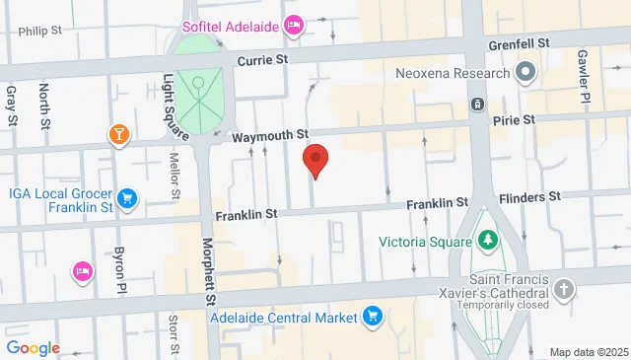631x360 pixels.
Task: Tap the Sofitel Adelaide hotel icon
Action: coord(293,25)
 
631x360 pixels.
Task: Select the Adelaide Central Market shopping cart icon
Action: coord(373,317)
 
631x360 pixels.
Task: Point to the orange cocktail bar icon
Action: coord(118,134)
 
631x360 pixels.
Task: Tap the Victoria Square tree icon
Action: coord(485,240)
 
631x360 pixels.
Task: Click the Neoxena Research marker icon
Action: coord(525,72)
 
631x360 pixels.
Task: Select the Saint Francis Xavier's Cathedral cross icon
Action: coord(563,288)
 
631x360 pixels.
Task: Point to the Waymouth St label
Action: coord(271,135)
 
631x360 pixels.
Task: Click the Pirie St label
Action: coord(514,119)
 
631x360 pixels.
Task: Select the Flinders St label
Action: coord(529,196)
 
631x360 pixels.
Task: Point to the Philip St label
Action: coord(39,31)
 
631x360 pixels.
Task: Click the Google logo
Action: coord(33,348)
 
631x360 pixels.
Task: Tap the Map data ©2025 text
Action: coord(588,352)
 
